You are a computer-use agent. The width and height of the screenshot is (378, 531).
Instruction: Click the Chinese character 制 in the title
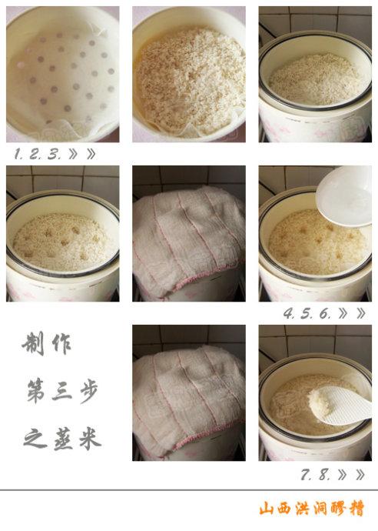click(34, 343)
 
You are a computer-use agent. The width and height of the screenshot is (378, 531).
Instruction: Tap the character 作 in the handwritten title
click(62, 343)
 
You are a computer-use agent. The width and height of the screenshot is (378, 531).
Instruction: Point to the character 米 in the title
click(90, 439)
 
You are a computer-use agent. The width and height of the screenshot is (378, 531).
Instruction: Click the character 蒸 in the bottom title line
click(63, 439)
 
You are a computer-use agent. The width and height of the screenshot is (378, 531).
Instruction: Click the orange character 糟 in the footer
click(356, 509)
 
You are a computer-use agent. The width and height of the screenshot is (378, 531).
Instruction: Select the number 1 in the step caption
click(18, 154)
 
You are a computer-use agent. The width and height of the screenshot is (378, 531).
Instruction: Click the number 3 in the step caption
click(54, 154)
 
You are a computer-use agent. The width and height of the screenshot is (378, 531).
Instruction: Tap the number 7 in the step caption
click(307, 475)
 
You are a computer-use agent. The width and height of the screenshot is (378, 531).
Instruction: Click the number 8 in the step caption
click(324, 475)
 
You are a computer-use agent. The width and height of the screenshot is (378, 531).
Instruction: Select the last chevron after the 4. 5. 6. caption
click(361, 313)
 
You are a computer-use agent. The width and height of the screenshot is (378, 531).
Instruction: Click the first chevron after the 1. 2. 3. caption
click(73, 154)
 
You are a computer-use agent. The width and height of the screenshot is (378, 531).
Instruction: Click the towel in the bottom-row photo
click(189, 399)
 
